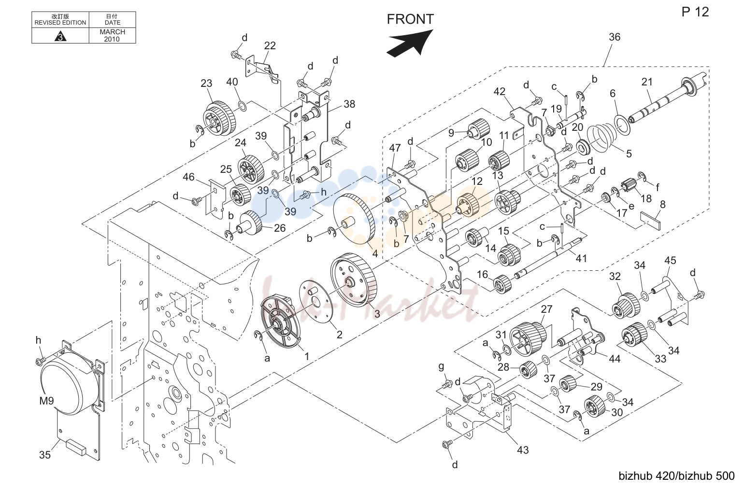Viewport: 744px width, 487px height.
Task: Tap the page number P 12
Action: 695,12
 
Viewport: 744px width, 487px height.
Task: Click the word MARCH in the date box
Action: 112,32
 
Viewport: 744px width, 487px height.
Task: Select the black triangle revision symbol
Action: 60,36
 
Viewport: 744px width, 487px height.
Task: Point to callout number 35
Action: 45,455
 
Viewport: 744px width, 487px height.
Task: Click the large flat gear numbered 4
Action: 354,219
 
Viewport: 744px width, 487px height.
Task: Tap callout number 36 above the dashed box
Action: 615,37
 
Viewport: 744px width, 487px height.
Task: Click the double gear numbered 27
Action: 528,339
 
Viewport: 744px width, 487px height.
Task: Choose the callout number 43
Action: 523,450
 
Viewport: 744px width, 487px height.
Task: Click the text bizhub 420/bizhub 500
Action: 676,476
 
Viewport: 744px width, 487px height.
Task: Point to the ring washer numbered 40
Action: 242,107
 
